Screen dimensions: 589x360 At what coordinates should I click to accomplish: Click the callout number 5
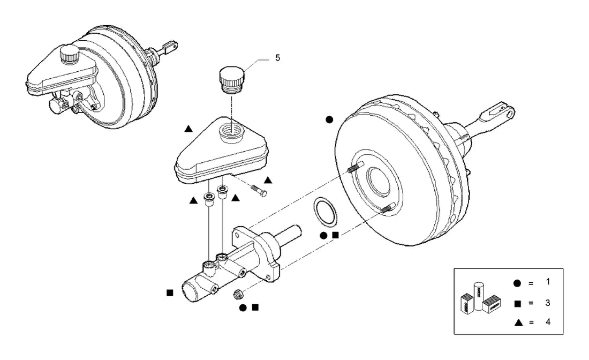click(277, 58)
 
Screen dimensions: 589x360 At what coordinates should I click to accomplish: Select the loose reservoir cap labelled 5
click(231, 80)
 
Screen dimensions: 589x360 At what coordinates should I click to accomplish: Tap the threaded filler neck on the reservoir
click(232, 133)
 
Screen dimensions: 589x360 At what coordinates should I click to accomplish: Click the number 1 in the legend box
click(548, 281)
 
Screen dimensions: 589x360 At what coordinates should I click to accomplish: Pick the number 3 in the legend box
click(548, 303)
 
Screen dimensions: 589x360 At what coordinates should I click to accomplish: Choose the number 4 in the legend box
click(548, 322)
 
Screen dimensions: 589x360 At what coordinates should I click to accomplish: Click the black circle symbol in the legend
click(517, 283)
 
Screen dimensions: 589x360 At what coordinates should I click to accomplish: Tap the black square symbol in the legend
click(518, 304)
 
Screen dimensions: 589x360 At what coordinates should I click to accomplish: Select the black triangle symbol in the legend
click(519, 322)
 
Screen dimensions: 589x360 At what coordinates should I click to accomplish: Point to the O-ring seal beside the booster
click(325, 211)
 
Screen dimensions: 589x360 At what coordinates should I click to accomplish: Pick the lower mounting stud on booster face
click(388, 208)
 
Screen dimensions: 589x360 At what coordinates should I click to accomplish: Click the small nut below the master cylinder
click(237, 294)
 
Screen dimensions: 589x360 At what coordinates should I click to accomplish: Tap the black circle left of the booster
click(329, 120)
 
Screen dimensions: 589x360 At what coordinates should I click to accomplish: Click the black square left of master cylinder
click(170, 292)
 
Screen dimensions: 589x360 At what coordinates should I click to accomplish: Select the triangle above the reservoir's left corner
click(188, 129)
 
